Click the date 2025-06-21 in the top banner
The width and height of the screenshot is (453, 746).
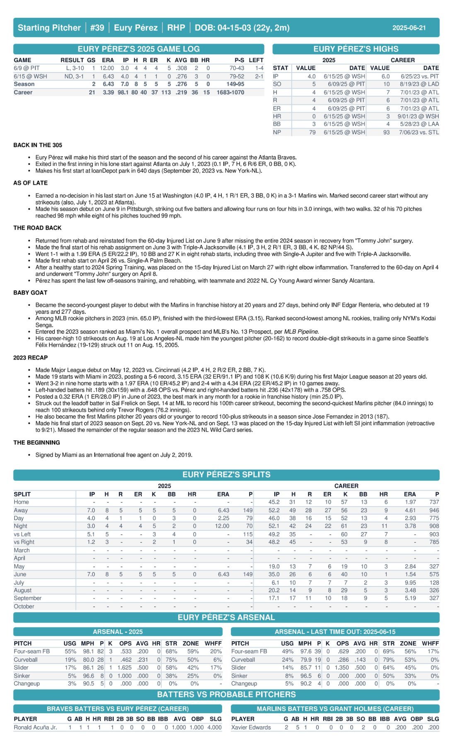pyautogui.click(x=409, y=28)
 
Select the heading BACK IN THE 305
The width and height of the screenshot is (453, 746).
pyautogui.click(x=38, y=145)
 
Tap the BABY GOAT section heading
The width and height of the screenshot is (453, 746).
pyautogui.click(x=30, y=293)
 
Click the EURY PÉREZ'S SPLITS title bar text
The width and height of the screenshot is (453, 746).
pyautogui.click(x=226, y=475)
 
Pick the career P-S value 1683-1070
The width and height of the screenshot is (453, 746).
pyautogui.click(x=230, y=92)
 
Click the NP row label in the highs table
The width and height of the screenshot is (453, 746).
pyautogui.click(x=276, y=132)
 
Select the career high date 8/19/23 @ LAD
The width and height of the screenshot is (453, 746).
pyautogui.click(x=419, y=84)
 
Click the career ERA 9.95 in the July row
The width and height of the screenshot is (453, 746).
pyautogui.click(x=409, y=582)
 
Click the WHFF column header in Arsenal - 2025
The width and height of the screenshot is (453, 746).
pyautogui.click(x=213, y=643)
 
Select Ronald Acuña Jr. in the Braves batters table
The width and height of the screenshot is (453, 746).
pyautogui.click(x=35, y=727)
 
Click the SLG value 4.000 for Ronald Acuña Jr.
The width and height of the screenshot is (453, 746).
pyautogui.click(x=214, y=727)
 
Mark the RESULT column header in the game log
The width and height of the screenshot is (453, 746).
pyautogui.click(x=72, y=60)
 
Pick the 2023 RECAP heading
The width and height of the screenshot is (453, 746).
pyautogui.click(x=30, y=358)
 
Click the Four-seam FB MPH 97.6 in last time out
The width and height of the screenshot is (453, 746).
pyautogui.click(x=305, y=652)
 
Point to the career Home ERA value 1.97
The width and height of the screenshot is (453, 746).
pyautogui.click(x=409, y=502)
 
